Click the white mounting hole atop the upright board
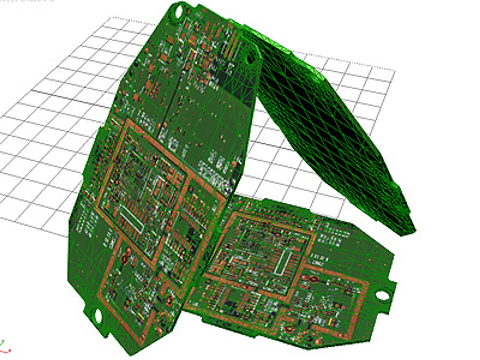click(178, 12)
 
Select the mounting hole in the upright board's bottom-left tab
click(97, 316)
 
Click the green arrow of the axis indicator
click(3, 342)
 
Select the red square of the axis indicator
click(10, 350)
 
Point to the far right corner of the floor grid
click(395, 71)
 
